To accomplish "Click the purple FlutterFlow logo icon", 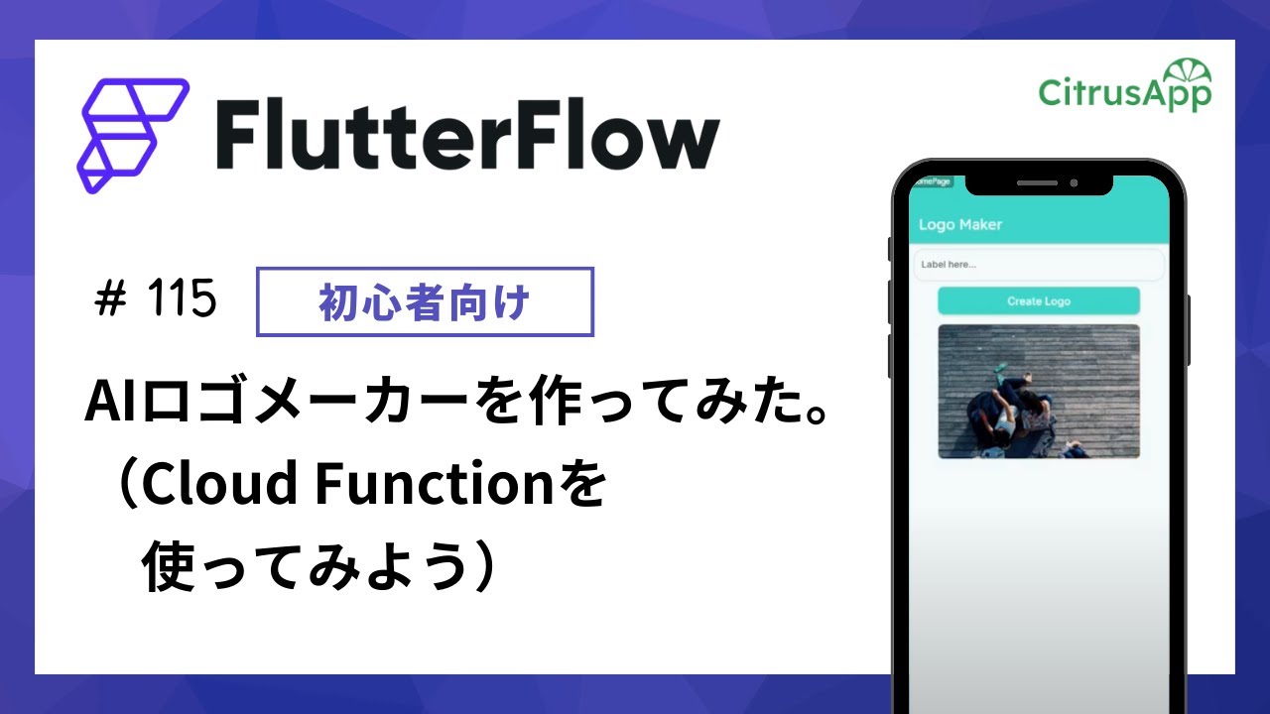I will [x=132, y=135].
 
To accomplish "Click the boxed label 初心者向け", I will [x=425, y=302].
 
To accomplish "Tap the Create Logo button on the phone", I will [x=1038, y=300].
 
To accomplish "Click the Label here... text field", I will [x=1038, y=265].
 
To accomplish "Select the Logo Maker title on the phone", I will [x=959, y=225].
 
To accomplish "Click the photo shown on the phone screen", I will [x=1038, y=391].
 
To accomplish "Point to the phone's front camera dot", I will [x=1074, y=182].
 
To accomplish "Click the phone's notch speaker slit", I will [x=1037, y=182].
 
